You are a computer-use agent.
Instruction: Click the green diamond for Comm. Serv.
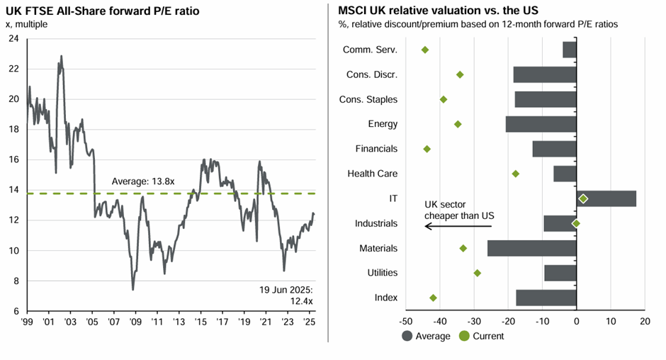pyautogui.click(x=425, y=50)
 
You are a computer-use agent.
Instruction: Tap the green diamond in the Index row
pyautogui.click(x=434, y=298)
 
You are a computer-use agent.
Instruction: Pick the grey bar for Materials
pyautogui.click(x=531, y=248)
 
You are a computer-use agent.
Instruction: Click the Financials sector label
pyautogui.click(x=376, y=149)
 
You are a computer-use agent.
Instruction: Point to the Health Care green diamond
pyautogui.click(x=516, y=174)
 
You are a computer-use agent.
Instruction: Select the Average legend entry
pyautogui.click(x=426, y=336)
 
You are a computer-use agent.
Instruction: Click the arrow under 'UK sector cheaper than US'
pyautogui.click(x=458, y=226)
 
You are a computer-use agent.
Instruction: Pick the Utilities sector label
pyautogui.click(x=382, y=273)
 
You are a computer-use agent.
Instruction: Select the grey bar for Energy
pyautogui.click(x=541, y=124)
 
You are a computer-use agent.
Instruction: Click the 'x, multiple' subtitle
pyautogui.click(x=31, y=23)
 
